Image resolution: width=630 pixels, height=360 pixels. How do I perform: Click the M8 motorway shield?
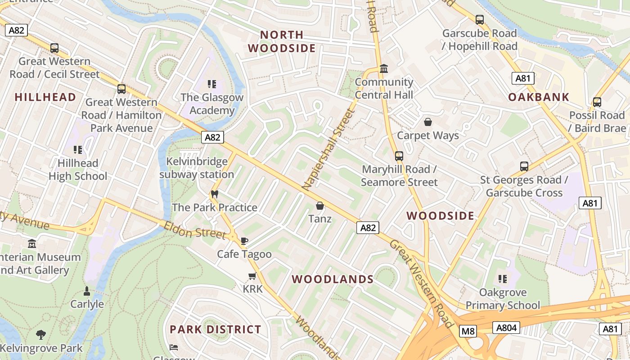coord(468,332)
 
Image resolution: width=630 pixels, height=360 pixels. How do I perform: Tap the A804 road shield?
coord(506,328)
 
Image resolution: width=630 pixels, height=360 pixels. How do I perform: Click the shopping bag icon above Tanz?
coord(320,206)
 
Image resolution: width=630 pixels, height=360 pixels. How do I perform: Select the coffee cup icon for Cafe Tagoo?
coord(244,241)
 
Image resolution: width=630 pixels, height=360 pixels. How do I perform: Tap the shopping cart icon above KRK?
coord(252,276)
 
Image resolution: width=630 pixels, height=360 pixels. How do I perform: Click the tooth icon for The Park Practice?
coord(214,194)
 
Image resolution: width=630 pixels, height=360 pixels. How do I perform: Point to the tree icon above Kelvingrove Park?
coord(41,334)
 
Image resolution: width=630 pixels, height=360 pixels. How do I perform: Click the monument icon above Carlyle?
coord(87,291)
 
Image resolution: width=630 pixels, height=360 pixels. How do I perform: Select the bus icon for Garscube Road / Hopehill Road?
coord(480,20)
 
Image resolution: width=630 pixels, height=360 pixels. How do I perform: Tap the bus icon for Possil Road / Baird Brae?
coord(597,102)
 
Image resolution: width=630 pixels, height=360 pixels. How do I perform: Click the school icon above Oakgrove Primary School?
coord(503,279)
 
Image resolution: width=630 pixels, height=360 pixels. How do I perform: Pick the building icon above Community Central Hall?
coord(384,69)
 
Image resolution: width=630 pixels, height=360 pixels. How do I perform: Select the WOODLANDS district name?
coord(333,279)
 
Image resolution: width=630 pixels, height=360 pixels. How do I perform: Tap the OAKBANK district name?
coord(539,97)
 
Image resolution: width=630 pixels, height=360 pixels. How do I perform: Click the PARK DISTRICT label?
coord(215,329)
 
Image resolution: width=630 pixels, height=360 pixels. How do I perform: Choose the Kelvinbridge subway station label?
coord(197,168)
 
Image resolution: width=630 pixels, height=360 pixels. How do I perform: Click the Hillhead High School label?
coord(78,169)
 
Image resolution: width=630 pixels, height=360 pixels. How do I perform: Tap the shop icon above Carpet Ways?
coord(427,122)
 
